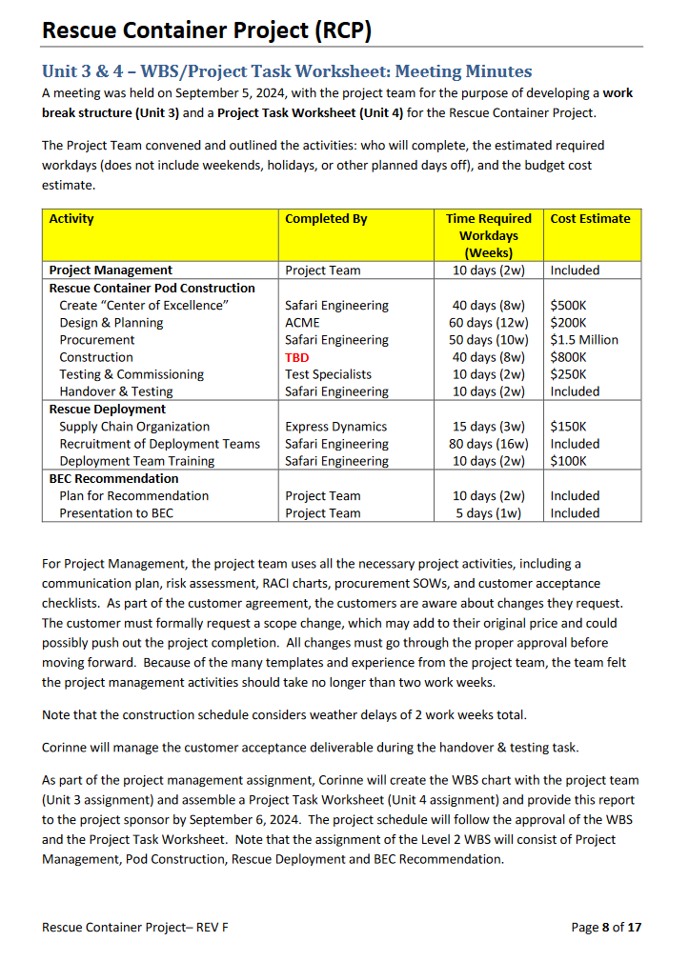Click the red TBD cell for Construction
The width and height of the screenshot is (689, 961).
(x=296, y=357)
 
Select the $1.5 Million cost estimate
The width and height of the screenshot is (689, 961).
(x=584, y=340)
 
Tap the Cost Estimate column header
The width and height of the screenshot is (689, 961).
(x=590, y=219)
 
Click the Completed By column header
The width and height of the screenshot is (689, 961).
(x=325, y=219)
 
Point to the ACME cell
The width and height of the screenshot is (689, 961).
(x=302, y=323)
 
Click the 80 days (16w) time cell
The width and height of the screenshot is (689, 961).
(x=488, y=444)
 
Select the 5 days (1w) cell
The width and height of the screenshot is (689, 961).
(x=488, y=513)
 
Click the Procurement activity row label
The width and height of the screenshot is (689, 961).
(x=96, y=340)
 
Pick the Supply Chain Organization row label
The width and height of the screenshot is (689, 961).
(x=133, y=427)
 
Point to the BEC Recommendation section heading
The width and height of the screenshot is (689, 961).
(x=113, y=478)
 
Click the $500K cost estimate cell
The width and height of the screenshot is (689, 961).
(x=569, y=306)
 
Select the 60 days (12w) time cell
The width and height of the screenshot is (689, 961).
(x=488, y=323)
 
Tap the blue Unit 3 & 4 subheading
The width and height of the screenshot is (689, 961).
(x=287, y=71)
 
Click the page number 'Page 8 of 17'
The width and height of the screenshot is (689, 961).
(x=605, y=927)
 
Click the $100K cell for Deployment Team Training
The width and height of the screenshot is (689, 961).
(x=569, y=461)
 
